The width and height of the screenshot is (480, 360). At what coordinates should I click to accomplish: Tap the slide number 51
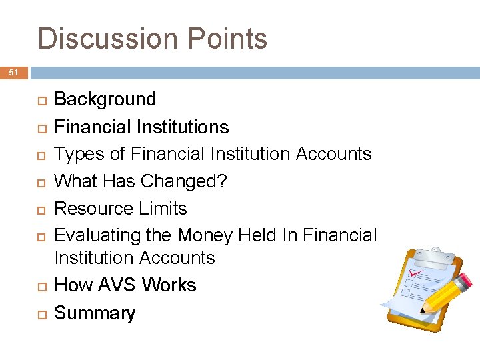[13, 73]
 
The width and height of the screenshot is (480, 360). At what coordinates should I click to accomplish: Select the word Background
[105, 99]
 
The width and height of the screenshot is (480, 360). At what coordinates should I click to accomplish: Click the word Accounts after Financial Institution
[333, 154]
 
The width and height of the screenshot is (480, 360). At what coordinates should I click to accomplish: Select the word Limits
[163, 209]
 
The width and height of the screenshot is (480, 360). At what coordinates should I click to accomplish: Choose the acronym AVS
[117, 285]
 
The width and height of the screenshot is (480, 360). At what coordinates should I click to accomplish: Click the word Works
[169, 285]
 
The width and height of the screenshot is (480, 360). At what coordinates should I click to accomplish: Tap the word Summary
[94, 313]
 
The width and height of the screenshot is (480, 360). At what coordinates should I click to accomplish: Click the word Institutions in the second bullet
[185, 127]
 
